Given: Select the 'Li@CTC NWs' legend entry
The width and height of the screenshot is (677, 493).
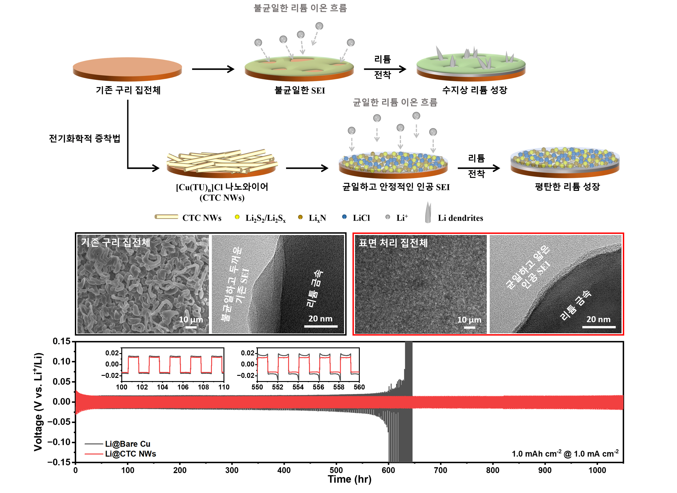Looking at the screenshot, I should coord(130,454).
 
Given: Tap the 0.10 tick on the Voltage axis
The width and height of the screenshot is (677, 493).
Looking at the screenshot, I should coord(61,362).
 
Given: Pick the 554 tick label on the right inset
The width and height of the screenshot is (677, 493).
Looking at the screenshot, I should coord(298,387).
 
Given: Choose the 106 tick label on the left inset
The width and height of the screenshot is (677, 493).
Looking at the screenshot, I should coord(183,387).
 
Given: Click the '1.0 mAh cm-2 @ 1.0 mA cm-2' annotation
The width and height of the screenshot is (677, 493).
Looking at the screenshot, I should coord(565,454).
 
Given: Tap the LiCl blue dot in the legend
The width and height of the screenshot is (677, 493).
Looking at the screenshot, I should coord(344,217).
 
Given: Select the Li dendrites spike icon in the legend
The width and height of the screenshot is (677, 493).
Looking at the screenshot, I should coord(428,212).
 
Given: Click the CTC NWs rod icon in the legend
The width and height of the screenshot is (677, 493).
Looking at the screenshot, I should coord(166,217).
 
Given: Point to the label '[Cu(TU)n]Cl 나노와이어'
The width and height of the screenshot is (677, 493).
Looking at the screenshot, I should coord(222,187).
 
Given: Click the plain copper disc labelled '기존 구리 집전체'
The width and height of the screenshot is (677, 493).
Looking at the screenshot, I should coord(127,69).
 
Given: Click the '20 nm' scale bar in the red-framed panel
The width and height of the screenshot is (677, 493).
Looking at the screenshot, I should coord(598,327).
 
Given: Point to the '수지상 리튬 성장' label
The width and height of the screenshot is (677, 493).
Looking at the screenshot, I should coord(474,90).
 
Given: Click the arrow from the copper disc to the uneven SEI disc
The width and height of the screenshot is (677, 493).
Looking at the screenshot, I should coord(213,69).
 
